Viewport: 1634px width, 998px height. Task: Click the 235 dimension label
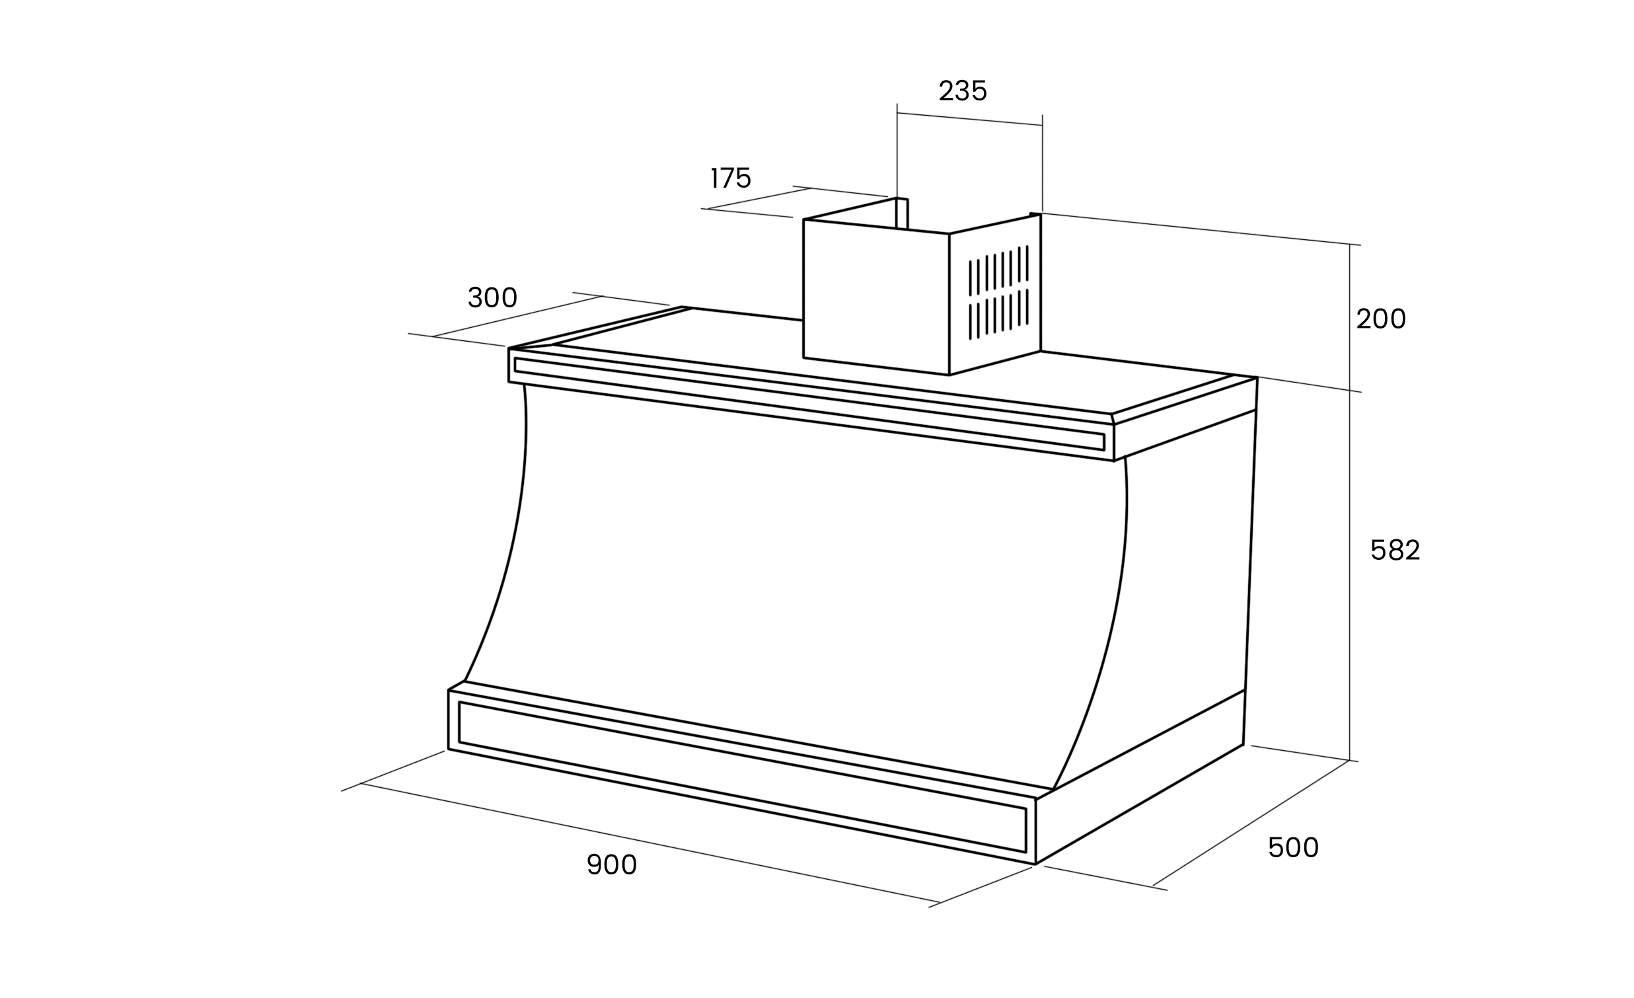click(962, 91)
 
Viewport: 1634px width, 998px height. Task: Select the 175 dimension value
click(731, 178)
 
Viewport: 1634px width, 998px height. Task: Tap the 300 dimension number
click(492, 298)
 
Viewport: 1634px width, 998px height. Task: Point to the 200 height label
click(1381, 320)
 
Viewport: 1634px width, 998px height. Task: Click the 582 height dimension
click(1395, 551)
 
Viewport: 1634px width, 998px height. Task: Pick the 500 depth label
click(1293, 848)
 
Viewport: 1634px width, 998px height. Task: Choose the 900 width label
click(611, 864)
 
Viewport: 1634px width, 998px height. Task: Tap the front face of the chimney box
click(875, 295)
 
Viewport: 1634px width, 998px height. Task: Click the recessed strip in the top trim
click(809, 404)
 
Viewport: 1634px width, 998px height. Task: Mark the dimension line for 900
click(650, 843)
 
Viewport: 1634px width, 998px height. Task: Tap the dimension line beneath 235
click(969, 119)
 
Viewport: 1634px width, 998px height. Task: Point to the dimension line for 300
click(517, 317)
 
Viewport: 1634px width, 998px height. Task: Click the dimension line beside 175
click(759, 198)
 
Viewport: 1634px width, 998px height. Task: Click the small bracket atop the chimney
click(902, 213)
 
